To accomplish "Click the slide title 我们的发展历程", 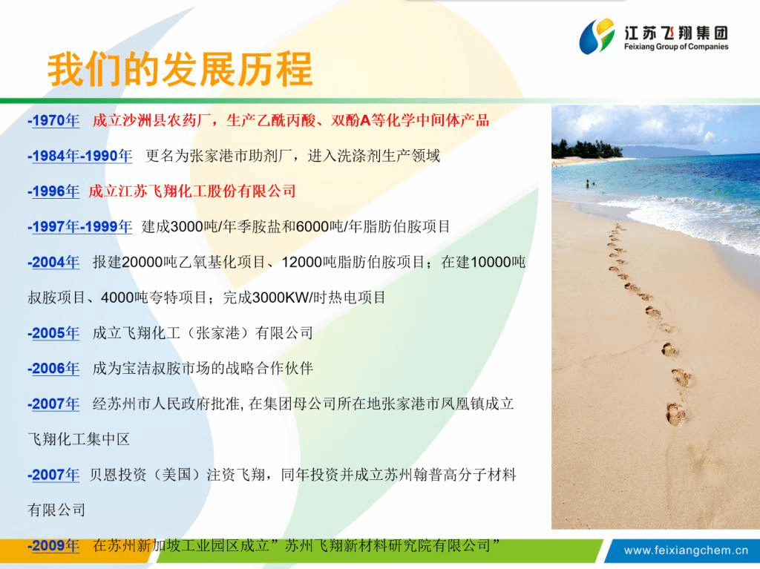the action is (180, 69).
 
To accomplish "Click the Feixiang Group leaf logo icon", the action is (597, 36).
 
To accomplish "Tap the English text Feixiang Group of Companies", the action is (676, 47).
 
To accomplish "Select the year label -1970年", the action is (53, 120).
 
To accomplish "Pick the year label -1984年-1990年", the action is (80, 156).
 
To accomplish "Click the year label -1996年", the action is (53, 191).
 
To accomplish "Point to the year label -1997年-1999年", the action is (80, 226).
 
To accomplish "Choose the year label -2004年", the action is (53, 262).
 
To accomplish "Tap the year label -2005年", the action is (53, 333).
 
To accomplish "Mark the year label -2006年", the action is (53, 369).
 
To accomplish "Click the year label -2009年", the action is (53, 546).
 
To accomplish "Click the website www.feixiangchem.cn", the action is (686, 550).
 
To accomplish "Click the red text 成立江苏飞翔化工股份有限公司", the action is (192, 191).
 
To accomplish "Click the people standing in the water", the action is (589, 184).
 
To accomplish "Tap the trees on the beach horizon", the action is (586, 148).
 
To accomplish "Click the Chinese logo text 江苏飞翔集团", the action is (676, 33).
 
